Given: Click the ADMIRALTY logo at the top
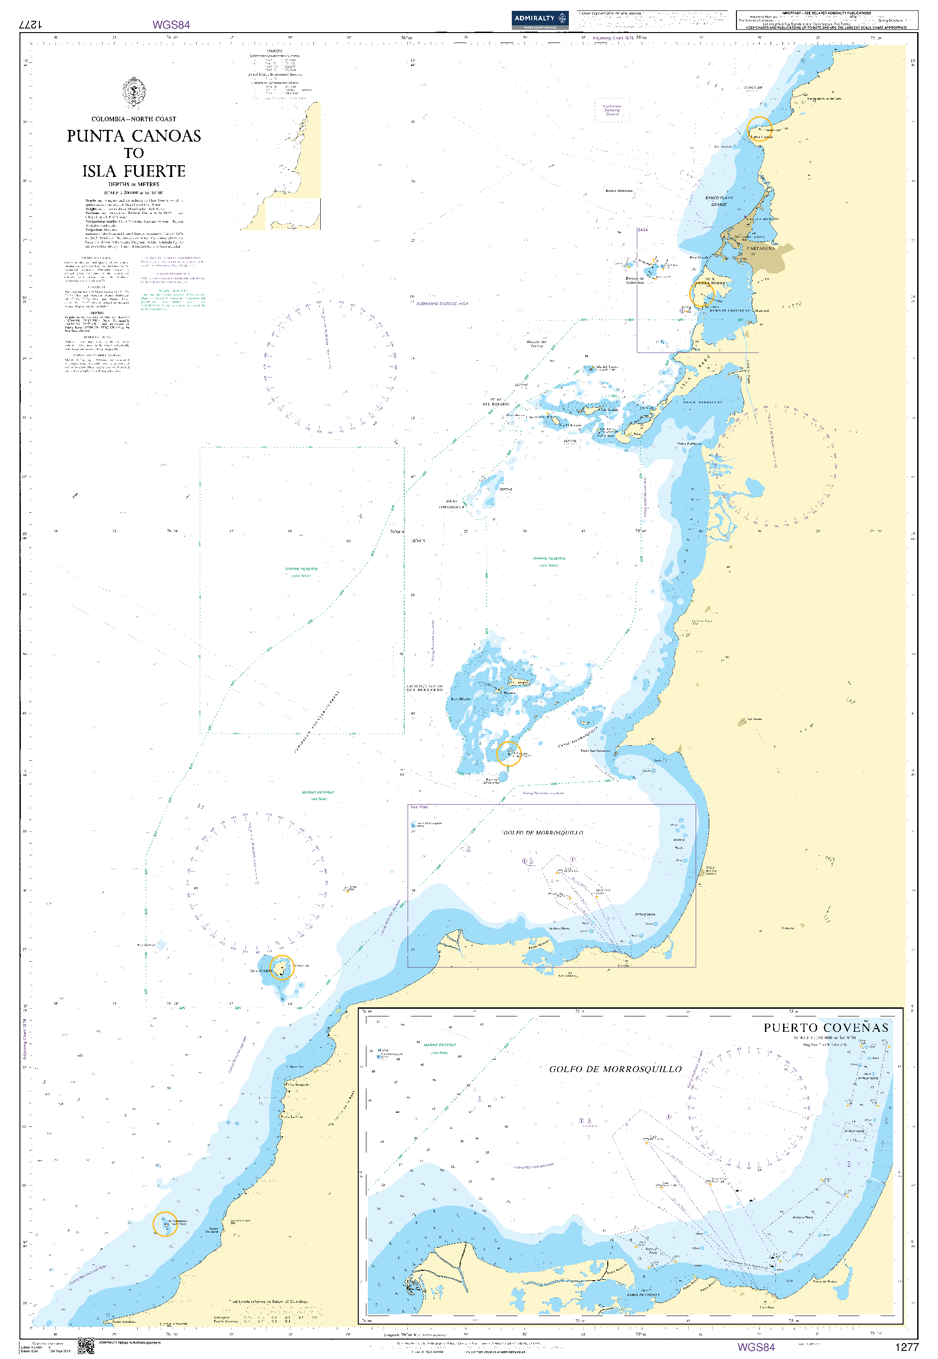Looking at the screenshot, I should pyautogui.click(x=539, y=19).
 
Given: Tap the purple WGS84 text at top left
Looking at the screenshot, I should pyautogui.click(x=171, y=25).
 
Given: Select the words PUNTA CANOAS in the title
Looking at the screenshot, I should pyautogui.click(x=134, y=136).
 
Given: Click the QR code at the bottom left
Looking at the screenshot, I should pyautogui.click(x=86, y=1345).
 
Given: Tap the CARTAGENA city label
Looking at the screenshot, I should pyautogui.click(x=760, y=248).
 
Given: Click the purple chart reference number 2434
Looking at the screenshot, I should pyautogui.click(x=643, y=229).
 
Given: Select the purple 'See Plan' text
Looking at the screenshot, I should pyautogui.click(x=419, y=807).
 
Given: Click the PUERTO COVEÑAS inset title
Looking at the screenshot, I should pyautogui.click(x=826, y=1028).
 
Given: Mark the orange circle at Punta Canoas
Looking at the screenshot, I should pyautogui.click(x=759, y=129).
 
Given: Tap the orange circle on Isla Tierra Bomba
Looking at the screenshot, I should pyautogui.click(x=701, y=295).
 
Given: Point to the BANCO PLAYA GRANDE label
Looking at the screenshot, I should pyautogui.click(x=719, y=201).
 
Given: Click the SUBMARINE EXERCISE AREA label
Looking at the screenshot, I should pyautogui.click(x=442, y=304).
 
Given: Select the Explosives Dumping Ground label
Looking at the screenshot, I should pyautogui.click(x=612, y=110).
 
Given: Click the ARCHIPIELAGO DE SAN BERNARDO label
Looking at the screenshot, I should pyautogui.click(x=424, y=688).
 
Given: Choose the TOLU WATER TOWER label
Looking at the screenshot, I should pyautogui.click(x=711, y=870).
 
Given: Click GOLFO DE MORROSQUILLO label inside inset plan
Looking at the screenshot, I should pyautogui.click(x=616, y=1069).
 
